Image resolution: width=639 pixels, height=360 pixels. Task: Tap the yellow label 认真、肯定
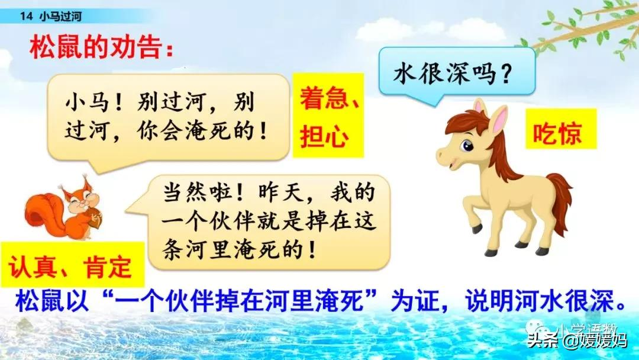tap(70, 268)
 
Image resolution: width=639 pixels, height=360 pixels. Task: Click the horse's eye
tap(467, 145)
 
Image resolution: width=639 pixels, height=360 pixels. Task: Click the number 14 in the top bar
tap(24, 17)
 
